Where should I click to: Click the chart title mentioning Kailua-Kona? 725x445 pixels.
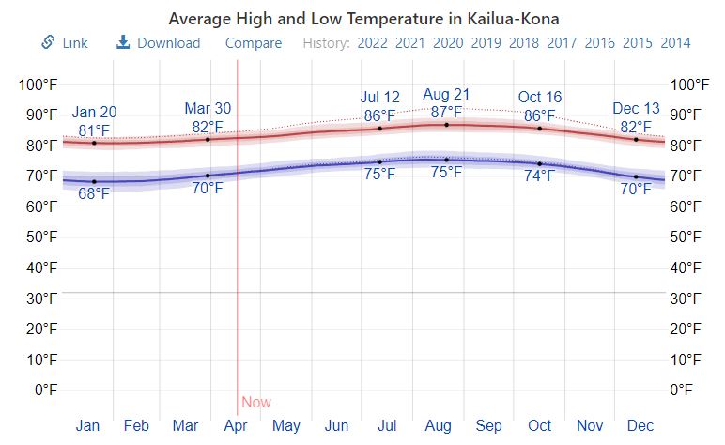363,19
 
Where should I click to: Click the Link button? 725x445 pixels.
65,43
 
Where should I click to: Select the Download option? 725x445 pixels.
159,43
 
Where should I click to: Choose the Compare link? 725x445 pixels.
254,43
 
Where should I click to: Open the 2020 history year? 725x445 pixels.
447,43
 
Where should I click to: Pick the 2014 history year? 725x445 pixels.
675,43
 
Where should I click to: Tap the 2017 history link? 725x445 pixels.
562,43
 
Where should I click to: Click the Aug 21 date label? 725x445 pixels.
446,95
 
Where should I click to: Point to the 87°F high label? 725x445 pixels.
446,113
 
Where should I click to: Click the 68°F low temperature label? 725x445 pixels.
94,194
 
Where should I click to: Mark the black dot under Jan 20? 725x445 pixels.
94,143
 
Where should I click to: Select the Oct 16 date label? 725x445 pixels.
540,98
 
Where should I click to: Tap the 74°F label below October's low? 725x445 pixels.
540,176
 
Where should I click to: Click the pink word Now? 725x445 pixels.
256,403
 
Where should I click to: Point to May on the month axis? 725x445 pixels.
286,425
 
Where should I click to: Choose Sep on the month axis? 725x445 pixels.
488,425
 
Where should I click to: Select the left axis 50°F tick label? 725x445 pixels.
39,237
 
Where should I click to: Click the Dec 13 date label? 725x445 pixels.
636,109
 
